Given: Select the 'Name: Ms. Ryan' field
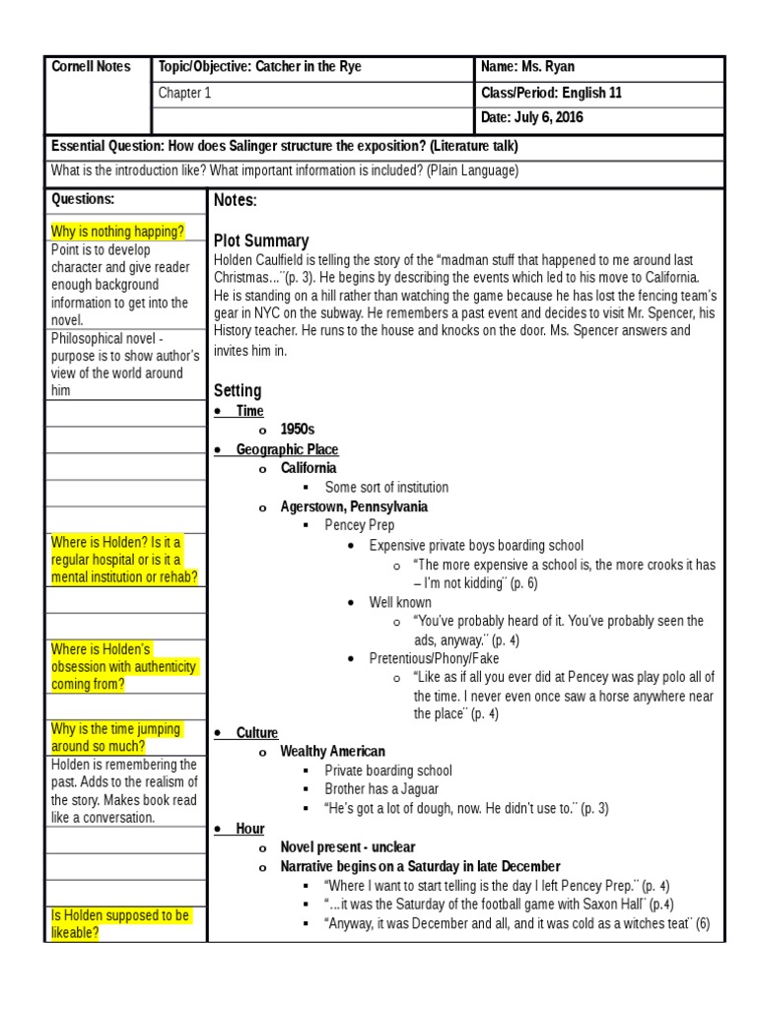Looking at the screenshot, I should (x=527, y=67).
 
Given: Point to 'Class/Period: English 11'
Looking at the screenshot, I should (x=551, y=94).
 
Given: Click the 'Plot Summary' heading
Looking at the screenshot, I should (x=261, y=240).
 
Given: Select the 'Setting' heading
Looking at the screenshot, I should (x=238, y=390).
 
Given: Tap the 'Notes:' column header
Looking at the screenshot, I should (x=235, y=201).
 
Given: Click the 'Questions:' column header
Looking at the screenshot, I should (x=83, y=199).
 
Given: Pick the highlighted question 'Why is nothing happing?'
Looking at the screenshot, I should (x=117, y=233).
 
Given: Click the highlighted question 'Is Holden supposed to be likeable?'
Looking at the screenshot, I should (x=119, y=923).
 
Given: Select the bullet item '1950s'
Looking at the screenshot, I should (x=297, y=430).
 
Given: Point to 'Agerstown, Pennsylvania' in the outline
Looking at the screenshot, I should (x=354, y=506).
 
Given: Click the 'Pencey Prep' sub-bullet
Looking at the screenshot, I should (x=360, y=525).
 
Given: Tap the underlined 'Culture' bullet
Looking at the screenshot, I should (x=257, y=733).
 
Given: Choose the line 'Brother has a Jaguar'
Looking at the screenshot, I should (x=381, y=789).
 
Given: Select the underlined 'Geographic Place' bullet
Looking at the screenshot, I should (x=287, y=449).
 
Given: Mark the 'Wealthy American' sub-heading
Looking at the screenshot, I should (x=332, y=752).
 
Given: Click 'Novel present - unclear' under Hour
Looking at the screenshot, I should (x=348, y=847).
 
